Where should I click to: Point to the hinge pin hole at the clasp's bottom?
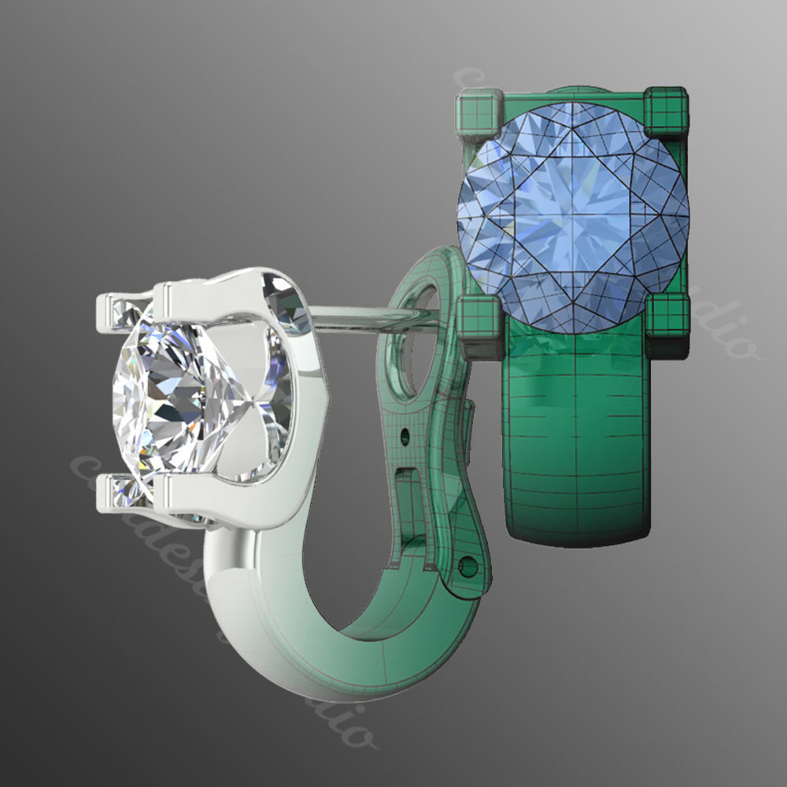coord(470,565)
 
